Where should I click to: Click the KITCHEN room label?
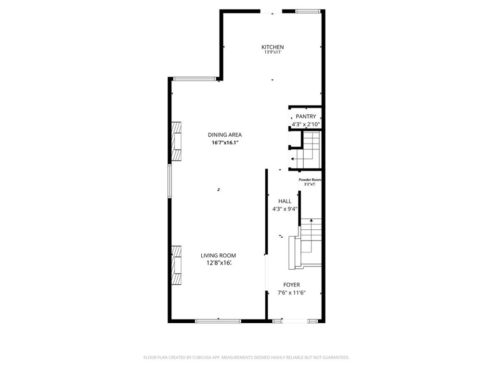(272, 47)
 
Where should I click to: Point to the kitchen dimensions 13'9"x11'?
(272, 53)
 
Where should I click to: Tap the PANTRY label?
(306, 116)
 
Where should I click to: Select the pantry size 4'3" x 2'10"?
(306, 124)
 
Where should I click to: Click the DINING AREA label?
(224, 135)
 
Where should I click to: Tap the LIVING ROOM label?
(218, 255)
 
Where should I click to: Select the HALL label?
(285, 201)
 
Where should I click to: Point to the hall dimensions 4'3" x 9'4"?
(285, 209)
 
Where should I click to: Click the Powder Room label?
(310, 180)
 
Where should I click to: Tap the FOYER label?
(291, 285)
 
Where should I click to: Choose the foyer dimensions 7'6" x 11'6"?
(292, 293)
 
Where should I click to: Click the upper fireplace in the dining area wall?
(177, 142)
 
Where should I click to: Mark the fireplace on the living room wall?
(177, 265)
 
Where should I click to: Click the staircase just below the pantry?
(308, 151)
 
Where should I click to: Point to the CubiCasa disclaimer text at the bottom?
(246, 357)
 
